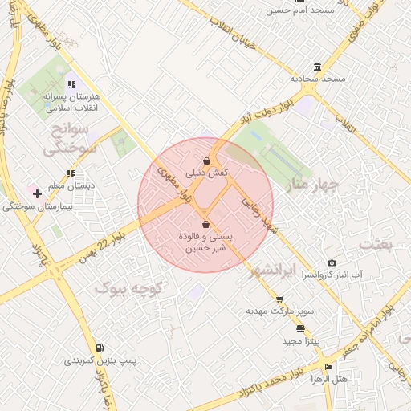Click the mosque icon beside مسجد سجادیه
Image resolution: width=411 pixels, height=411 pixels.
319,67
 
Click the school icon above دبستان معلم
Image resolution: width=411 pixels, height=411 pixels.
71,173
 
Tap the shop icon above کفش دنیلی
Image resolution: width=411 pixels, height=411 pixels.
207,161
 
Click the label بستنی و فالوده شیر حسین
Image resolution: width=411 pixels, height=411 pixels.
206,242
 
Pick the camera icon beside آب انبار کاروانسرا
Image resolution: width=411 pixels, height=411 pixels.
332,263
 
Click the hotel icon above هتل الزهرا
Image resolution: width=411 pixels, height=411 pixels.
328,367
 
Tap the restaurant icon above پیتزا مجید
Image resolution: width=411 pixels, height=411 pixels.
300,328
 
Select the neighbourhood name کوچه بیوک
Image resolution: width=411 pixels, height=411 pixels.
129,287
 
